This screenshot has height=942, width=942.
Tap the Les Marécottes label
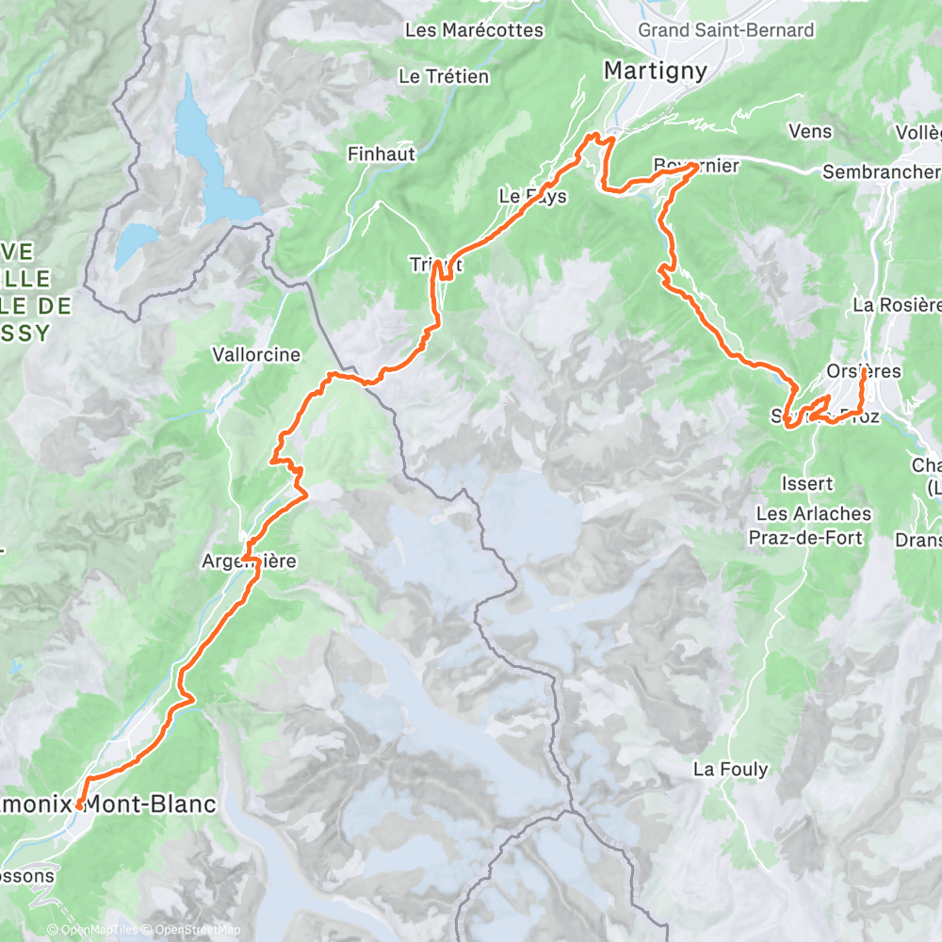474,30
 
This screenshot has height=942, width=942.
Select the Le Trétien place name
444,76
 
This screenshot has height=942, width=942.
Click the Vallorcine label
256,355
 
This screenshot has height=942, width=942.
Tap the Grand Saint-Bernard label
725,30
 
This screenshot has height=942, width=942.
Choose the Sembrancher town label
881,171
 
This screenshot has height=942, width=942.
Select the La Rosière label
896,304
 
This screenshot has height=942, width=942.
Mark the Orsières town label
862,371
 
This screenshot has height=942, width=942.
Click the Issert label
807,483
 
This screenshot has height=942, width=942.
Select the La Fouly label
730,769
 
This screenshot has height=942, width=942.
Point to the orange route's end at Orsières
864,372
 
